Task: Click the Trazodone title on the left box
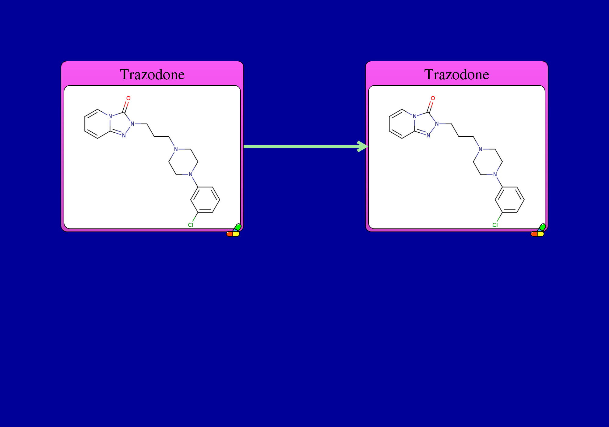pyautogui.click(x=152, y=74)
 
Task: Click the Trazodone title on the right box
pyautogui.click(x=457, y=74)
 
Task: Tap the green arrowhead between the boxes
pyautogui.click(x=363, y=146)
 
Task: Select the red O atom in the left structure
pyautogui.click(x=128, y=98)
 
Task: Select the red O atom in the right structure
pyautogui.click(x=433, y=98)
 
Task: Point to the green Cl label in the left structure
pyautogui.click(x=191, y=225)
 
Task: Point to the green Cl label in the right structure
pyautogui.click(x=495, y=225)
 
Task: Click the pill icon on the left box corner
pyautogui.click(x=234, y=230)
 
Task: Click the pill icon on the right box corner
pyautogui.click(x=538, y=230)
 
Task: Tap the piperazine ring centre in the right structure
pyautogui.click(x=473, y=162)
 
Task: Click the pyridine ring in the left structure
pyautogui.click(x=85, y=124)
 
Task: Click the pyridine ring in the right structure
pyautogui.click(x=389, y=124)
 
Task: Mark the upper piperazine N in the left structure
pyautogui.click(x=176, y=149)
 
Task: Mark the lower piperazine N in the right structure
pyautogui.click(x=495, y=174)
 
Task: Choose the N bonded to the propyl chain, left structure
pyautogui.click(x=132, y=124)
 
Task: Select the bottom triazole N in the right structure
pyautogui.click(x=428, y=135)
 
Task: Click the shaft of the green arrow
pyautogui.click(x=301, y=146)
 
